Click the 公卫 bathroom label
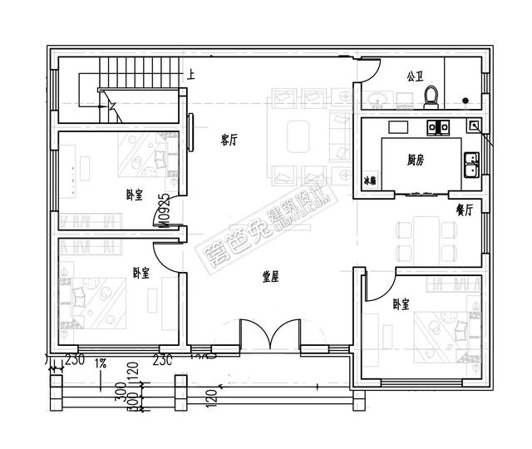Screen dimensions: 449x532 coord(415,76)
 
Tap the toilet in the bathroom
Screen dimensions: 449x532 coord(430,96)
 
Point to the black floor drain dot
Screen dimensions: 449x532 coord(465,101)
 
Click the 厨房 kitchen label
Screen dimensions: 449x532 coord(416,160)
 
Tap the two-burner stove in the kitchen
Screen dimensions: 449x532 coord(437,127)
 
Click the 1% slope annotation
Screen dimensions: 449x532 coord(101,363)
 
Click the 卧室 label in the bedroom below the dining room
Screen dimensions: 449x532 coord(401,304)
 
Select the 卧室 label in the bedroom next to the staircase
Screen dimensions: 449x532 coord(133,194)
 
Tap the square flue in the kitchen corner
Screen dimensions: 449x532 coord(473,126)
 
